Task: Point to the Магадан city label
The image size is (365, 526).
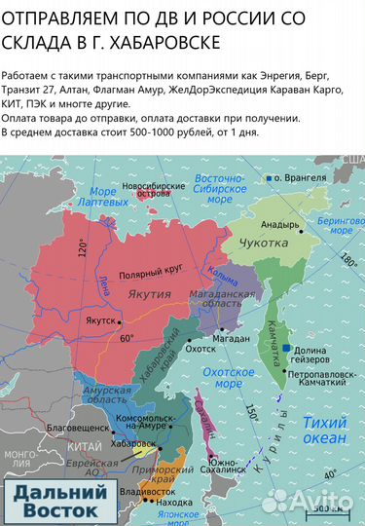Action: (x=233, y=337)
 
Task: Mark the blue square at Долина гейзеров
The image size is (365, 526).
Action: (x=289, y=348)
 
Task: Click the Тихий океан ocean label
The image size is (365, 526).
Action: (x=325, y=430)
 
